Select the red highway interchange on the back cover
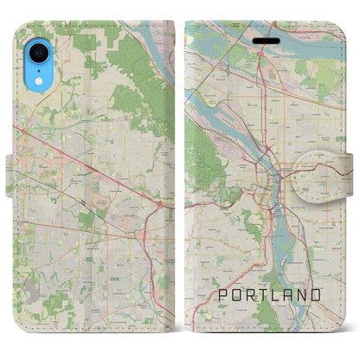pyautogui.click(x=160, y=204)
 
